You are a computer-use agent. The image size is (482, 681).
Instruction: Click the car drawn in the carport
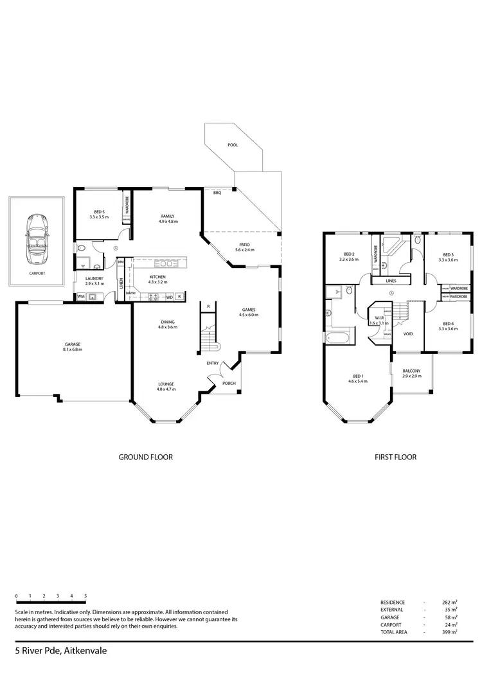click(x=37, y=240)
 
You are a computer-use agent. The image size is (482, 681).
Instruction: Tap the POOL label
click(x=233, y=145)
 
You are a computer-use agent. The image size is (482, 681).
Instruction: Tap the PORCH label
click(x=229, y=384)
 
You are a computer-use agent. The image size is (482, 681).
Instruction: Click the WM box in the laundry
click(x=81, y=296)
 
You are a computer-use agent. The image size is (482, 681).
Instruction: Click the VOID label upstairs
click(x=407, y=334)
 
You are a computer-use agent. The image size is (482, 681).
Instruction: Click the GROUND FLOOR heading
click(x=146, y=457)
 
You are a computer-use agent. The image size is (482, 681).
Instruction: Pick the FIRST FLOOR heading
click(x=395, y=457)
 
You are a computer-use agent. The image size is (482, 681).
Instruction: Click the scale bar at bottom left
click(x=51, y=602)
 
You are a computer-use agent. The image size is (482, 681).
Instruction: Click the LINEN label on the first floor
click(x=391, y=281)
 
